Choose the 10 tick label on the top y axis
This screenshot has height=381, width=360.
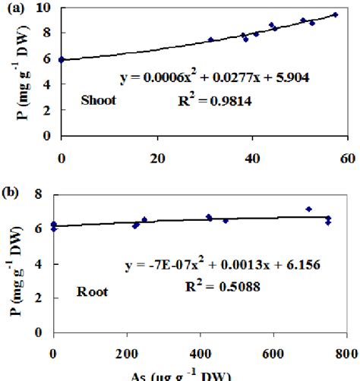tap(44, 8)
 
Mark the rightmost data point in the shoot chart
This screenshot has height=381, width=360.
tap(335, 14)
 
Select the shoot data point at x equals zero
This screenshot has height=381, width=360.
tap(62, 59)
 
